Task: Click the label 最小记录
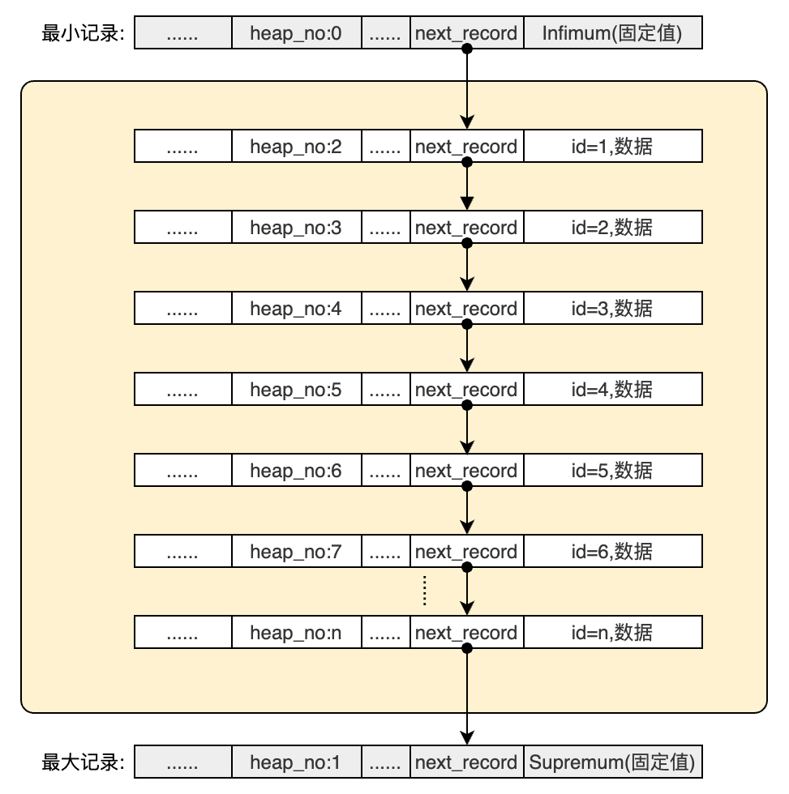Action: pos(83,33)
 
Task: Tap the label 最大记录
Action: pos(83,762)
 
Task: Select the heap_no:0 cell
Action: pos(296,33)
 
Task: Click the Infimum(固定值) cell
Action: pos(612,33)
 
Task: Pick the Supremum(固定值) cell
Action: pos(612,762)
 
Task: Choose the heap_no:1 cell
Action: pos(296,762)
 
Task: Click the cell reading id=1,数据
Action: pos(612,147)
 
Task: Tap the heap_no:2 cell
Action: pos(296,147)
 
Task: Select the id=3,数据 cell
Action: pos(612,309)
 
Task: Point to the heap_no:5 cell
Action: pos(296,390)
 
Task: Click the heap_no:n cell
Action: pos(296,633)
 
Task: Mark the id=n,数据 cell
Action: pos(612,633)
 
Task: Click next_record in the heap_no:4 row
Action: pos(466,309)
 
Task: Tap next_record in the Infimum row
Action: pos(466,33)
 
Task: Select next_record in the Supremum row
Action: pos(466,762)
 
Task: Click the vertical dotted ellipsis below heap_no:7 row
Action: pos(425,591)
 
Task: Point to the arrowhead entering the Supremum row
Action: pos(466,737)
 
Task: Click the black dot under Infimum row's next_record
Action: pos(466,49)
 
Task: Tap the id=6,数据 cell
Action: pos(612,552)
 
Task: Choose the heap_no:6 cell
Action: pos(296,471)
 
